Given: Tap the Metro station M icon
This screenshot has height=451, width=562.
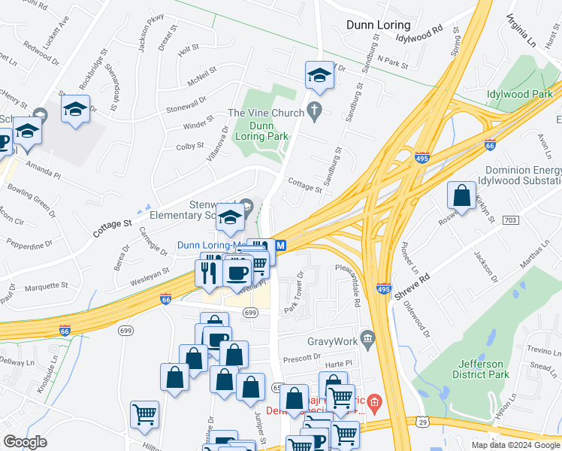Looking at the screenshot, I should [281, 245].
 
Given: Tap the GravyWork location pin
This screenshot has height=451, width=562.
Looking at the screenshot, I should [367, 337].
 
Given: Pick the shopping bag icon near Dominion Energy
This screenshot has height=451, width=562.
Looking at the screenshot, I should [461, 195].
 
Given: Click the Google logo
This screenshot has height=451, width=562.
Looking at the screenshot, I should [25, 442].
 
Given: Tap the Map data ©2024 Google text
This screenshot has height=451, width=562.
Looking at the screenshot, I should [515, 445].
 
